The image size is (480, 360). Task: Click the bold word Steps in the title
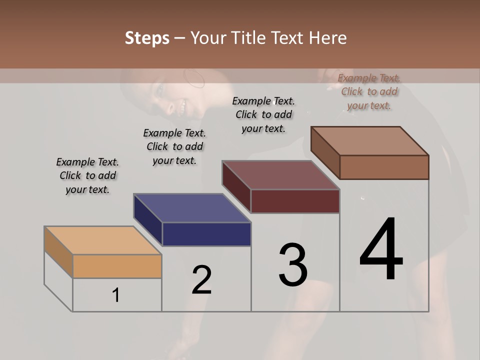pyautogui.click(x=147, y=38)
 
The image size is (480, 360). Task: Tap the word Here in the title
pyautogui.click(x=328, y=38)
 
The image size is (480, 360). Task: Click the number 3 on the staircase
pyautogui.click(x=293, y=265)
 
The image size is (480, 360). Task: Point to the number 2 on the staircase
pyautogui.click(x=201, y=280)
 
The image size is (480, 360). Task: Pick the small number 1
pyautogui.click(x=116, y=295)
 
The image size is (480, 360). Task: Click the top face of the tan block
pyautogui.click(x=102, y=240)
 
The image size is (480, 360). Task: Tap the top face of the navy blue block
pyautogui.click(x=191, y=208)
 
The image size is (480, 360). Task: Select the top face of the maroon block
pyautogui.click(x=280, y=175)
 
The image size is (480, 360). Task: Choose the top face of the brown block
pyautogui.click(x=369, y=141)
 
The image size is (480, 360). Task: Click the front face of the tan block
pyautogui.click(x=117, y=266)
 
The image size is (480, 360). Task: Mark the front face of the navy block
pyautogui.click(x=206, y=234)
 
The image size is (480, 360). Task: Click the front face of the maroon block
pyautogui.click(x=295, y=201)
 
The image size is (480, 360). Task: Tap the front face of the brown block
pyautogui.click(x=384, y=167)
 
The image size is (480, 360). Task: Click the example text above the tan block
pyautogui.click(x=87, y=175)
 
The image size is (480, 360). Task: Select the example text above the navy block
pyautogui.click(x=174, y=146)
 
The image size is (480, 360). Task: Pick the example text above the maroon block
pyautogui.click(x=263, y=114)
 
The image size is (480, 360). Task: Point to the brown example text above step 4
pyautogui.click(x=369, y=91)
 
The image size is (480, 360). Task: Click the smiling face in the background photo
pyautogui.click(x=172, y=97)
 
